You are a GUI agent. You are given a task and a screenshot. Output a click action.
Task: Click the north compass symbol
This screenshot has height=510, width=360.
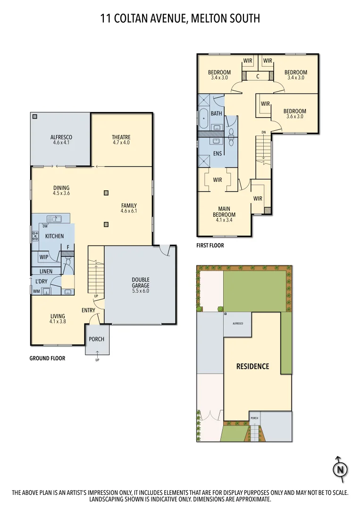[340, 469]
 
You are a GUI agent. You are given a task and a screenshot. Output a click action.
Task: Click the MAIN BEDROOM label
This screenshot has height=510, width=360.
[224, 212]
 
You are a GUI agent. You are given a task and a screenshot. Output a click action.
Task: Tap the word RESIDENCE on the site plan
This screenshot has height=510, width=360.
[252, 366]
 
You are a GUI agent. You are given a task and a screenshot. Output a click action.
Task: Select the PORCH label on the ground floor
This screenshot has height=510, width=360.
[97, 339]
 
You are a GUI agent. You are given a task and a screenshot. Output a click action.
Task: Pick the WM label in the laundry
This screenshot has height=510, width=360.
[36, 291]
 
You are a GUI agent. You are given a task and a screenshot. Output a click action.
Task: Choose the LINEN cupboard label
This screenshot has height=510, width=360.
[46, 271]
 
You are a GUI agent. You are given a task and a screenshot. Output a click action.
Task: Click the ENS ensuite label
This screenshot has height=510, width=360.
[218, 153]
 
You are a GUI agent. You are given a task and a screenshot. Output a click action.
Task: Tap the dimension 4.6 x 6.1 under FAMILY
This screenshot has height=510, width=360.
[129, 211]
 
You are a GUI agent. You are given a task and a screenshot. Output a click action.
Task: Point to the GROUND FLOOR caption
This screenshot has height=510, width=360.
[47, 358]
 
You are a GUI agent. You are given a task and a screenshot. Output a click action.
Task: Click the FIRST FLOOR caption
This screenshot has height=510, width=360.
[210, 246]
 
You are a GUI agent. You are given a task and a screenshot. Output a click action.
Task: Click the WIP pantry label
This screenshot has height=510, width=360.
[44, 257]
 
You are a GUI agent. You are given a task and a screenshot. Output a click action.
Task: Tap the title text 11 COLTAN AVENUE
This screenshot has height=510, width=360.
[142, 18]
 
